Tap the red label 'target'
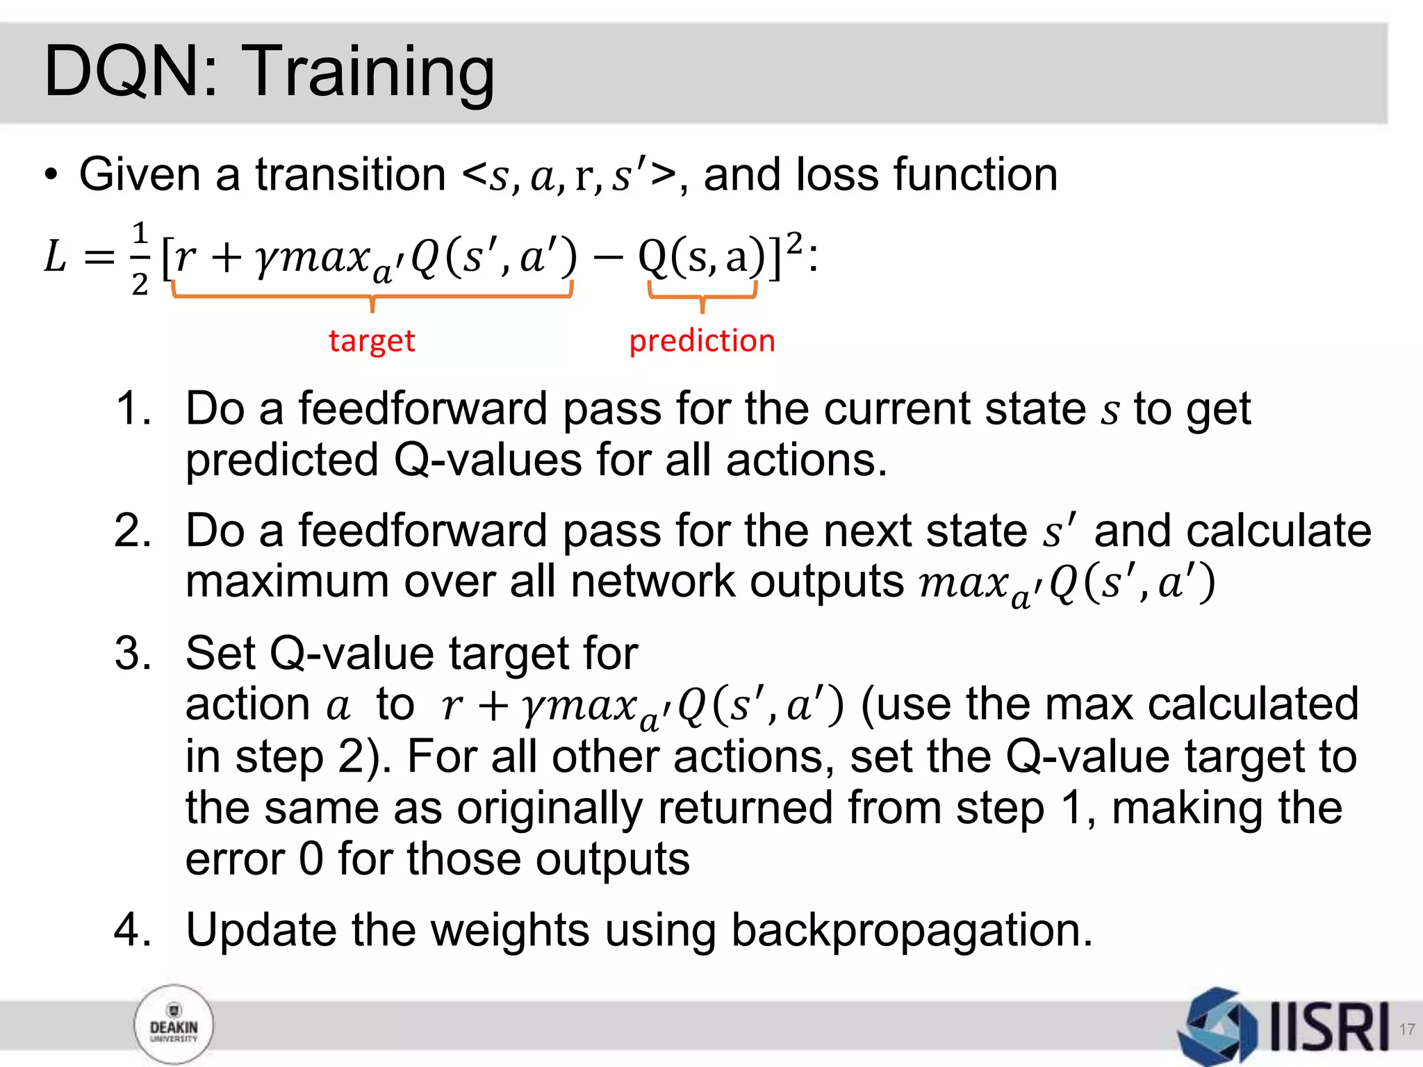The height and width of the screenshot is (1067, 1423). click(372, 341)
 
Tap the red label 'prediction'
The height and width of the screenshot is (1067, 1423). click(702, 341)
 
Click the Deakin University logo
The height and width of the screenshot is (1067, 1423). click(174, 1025)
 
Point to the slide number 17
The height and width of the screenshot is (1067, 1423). click(1406, 1029)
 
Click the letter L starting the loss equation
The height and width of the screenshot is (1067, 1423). click(56, 257)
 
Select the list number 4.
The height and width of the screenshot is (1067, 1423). click(132, 930)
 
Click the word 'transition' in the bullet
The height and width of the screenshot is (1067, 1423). click(350, 174)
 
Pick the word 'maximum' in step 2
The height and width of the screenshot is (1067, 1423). click(286, 582)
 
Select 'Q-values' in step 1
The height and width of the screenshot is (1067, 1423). click(488, 461)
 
